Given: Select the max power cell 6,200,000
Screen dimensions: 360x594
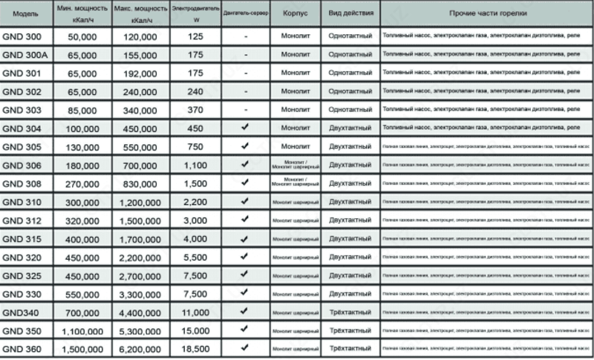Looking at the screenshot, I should pos(140,349).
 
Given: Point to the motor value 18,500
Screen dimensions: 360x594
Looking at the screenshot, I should pos(195,348).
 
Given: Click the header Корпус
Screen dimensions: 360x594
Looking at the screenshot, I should pos(296,14).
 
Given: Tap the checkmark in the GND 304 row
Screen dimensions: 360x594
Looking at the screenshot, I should pos(244,128).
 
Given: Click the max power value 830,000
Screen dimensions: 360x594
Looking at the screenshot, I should pos(140,183).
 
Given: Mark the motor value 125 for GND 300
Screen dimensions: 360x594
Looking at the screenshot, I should pos(195,36).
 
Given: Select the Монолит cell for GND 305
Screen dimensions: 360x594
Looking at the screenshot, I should pos(296,146).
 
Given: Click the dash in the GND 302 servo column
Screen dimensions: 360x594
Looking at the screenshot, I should pos(244,91).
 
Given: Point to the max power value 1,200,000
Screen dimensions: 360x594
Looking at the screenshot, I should pos(140,202).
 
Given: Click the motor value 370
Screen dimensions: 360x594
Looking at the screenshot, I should pos(195,110).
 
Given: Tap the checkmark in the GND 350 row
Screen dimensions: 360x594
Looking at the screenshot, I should pos(244,330).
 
